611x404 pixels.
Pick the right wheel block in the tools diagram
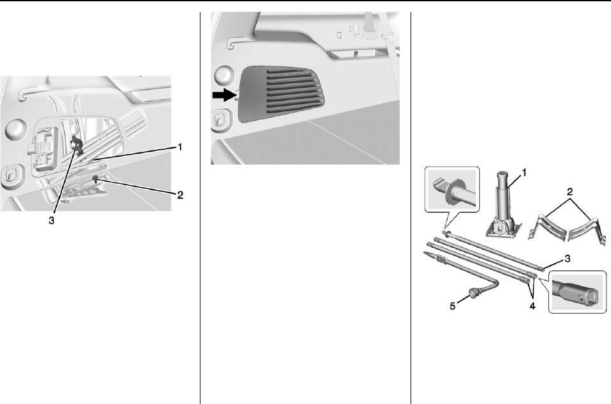click(x=587, y=227)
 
